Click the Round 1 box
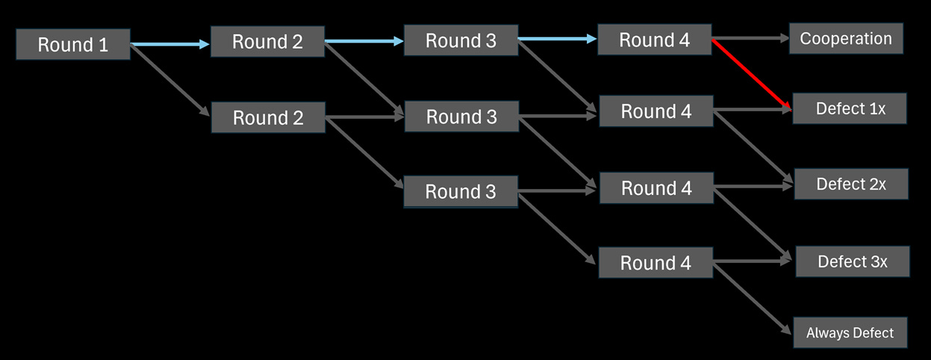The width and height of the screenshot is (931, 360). click(73, 45)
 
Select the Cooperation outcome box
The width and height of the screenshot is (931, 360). click(846, 39)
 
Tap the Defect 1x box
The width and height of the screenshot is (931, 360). click(850, 109)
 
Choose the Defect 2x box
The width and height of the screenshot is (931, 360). click(851, 184)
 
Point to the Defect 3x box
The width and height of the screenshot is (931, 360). click(853, 261)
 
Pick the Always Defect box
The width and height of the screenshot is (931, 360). click(850, 333)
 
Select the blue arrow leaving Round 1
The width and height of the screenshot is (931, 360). click(170, 45)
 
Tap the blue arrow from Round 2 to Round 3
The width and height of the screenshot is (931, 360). click(364, 42)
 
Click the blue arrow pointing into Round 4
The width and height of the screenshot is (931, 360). click(557, 40)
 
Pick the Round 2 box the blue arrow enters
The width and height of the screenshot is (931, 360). click(267, 42)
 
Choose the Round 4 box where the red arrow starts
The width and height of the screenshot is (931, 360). click(655, 40)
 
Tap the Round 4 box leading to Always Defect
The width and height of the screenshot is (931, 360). click(656, 263)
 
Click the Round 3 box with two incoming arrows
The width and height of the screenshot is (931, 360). click(461, 117)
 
